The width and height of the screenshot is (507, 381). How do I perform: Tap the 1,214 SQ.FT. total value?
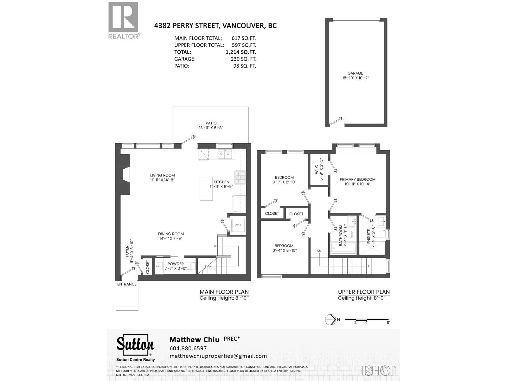click(241, 52)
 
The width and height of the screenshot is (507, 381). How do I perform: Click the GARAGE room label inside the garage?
click(355, 75)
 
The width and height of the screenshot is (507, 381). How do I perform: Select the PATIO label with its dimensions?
click(211, 125)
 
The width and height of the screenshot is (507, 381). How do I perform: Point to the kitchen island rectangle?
click(206, 189)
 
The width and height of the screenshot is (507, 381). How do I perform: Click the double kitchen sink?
click(225, 155)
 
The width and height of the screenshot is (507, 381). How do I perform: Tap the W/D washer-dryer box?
click(238, 225)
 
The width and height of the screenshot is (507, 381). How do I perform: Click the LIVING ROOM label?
click(162, 177)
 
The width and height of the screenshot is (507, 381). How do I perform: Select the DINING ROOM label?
click(171, 236)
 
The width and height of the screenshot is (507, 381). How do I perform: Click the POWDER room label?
click(176, 266)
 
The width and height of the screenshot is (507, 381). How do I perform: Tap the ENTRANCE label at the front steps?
click(127, 284)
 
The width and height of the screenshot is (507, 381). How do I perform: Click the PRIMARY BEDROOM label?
click(357, 182)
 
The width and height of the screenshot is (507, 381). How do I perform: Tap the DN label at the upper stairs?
click(319, 251)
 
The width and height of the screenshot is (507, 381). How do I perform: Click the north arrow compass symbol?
click(331, 320)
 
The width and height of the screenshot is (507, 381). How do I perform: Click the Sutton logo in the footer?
click(135, 345)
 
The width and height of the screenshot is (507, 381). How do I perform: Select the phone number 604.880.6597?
click(188, 348)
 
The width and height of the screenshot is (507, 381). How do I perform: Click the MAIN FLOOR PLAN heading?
click(224, 292)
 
